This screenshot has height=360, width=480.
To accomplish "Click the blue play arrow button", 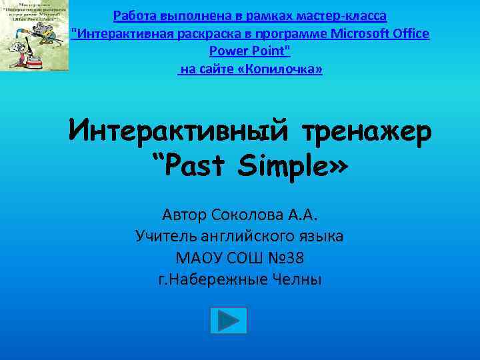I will click(x=229, y=320).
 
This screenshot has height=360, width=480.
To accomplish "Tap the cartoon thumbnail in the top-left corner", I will click(x=35, y=35).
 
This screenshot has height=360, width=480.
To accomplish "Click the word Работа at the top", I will click(x=135, y=15).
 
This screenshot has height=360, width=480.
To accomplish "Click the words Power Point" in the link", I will click(x=250, y=51).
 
